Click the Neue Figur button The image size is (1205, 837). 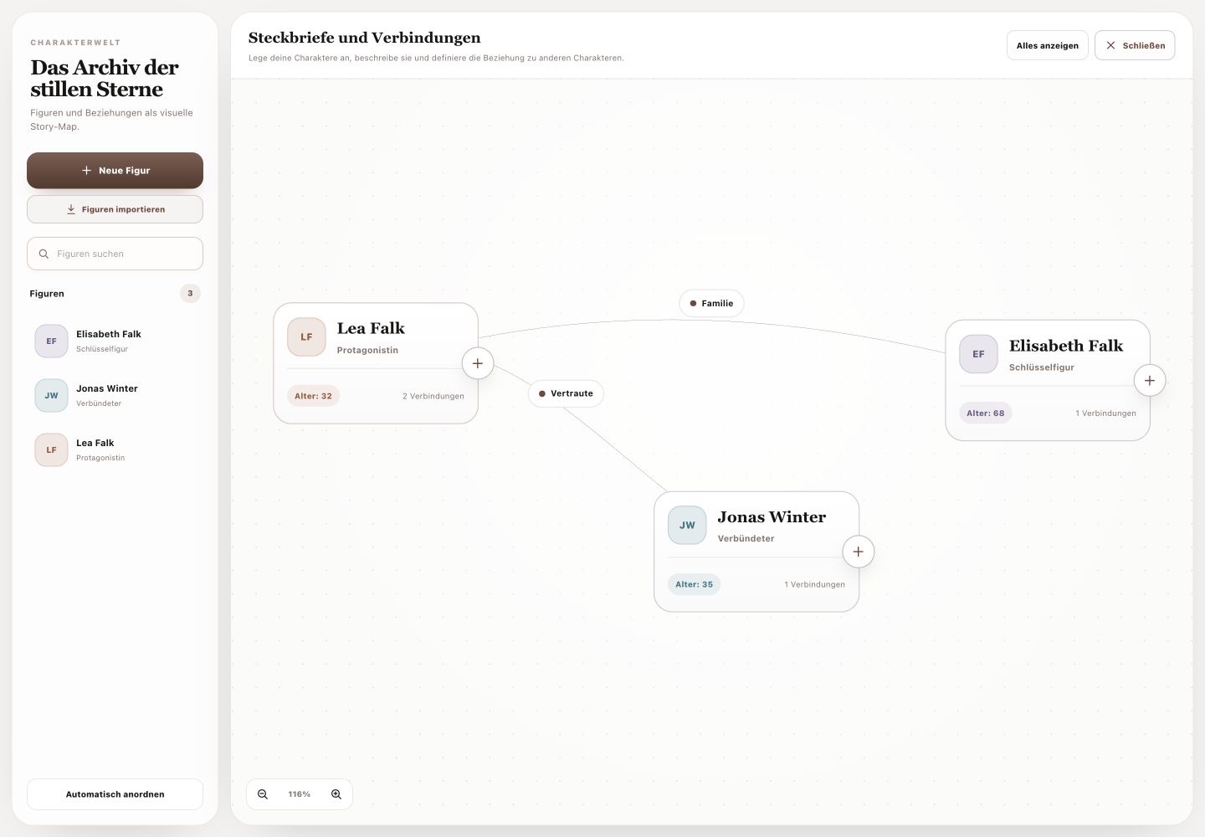(115, 171)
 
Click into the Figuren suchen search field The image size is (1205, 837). (115, 254)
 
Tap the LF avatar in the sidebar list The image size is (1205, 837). (52, 449)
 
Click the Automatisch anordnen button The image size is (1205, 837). (115, 794)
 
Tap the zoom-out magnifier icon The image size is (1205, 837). (263, 794)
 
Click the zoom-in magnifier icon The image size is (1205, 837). (336, 794)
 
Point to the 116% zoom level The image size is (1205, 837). (299, 794)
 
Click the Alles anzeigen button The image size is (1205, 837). (1048, 46)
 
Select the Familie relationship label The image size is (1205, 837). (711, 303)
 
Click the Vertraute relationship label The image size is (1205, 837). (566, 393)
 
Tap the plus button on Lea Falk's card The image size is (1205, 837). (478, 363)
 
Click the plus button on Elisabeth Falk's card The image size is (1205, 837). (1150, 381)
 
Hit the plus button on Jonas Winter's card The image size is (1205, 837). (858, 552)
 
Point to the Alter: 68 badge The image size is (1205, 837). (986, 413)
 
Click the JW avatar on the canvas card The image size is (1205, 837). (687, 525)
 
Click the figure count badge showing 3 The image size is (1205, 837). (190, 293)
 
